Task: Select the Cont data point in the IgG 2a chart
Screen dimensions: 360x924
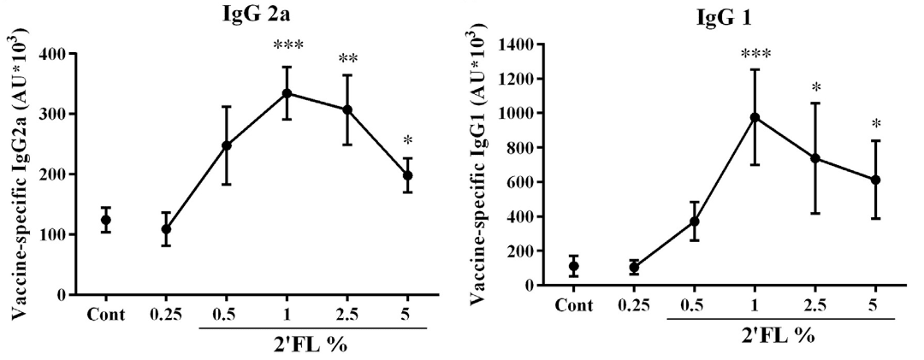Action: (x=106, y=220)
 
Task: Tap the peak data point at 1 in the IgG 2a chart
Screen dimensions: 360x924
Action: (x=287, y=93)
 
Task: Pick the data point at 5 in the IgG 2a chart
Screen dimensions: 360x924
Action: (x=407, y=175)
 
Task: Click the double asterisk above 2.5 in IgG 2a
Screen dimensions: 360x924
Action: (x=347, y=59)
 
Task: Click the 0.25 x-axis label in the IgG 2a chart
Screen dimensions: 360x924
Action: (x=166, y=315)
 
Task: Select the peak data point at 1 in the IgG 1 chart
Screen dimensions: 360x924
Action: (x=755, y=117)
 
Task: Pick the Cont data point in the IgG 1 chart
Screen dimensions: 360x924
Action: (x=574, y=266)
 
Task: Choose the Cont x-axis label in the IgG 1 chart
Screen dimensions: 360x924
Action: (x=574, y=305)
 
